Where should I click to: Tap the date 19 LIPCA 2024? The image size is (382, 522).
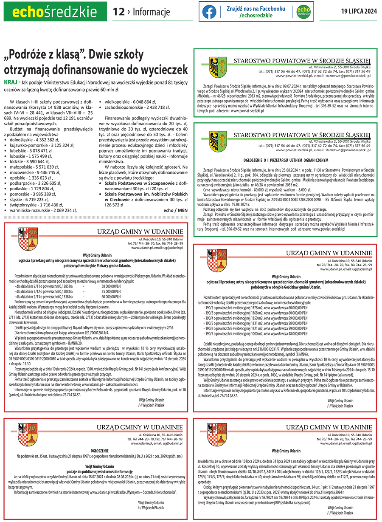pos(359,11)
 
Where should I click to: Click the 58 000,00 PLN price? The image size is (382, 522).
pos(111,287)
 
